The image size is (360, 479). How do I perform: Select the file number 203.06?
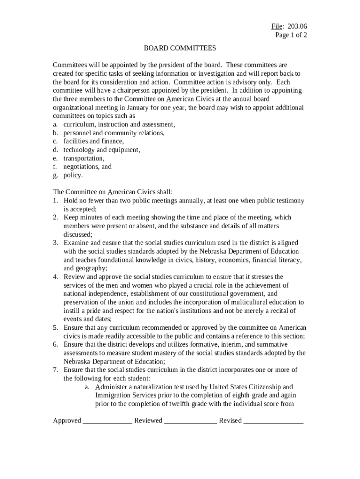[x=297, y=26]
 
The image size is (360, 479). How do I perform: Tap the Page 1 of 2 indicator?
[x=291, y=35]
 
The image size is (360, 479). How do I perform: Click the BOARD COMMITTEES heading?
[x=180, y=48]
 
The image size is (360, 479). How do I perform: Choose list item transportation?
[x=84, y=158]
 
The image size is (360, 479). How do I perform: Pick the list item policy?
[x=73, y=175]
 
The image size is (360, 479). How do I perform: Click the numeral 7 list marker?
[x=55, y=370]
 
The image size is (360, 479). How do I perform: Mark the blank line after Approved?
[x=108, y=421]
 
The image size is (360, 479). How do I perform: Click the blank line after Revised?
[x=274, y=421]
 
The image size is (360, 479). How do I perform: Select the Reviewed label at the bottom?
[x=148, y=421]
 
